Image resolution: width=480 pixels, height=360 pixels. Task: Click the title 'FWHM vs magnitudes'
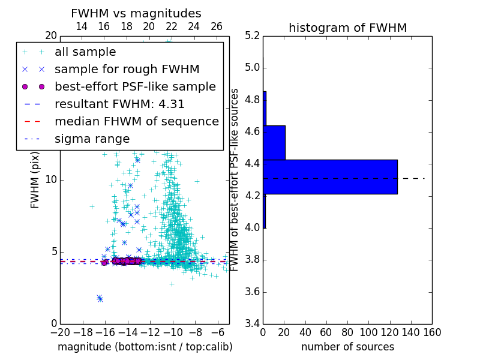coord(136,13)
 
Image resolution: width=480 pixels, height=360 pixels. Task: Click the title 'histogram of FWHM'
coord(347,28)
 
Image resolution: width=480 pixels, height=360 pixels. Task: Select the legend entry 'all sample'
coord(85,52)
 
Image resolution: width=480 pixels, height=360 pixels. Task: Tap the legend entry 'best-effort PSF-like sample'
coord(135,86)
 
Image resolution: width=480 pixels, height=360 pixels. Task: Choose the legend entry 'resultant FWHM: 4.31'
coord(119,104)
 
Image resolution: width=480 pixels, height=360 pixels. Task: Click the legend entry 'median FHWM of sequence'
coord(136,121)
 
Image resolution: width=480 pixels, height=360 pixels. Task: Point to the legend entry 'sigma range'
coord(92,139)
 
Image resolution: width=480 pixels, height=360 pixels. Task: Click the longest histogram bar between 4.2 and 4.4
coord(330,177)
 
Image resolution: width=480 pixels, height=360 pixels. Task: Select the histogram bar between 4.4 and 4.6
coord(274,142)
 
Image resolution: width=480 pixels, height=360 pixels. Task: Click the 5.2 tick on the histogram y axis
coord(253,35)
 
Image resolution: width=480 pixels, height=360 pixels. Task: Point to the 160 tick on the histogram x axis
coord(432,332)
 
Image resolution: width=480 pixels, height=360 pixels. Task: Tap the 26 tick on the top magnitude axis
coord(217,26)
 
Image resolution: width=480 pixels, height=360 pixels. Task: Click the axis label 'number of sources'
coord(347,347)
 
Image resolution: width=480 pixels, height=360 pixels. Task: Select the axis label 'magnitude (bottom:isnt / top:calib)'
coord(145,347)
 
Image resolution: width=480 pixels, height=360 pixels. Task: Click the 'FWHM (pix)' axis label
coord(35,180)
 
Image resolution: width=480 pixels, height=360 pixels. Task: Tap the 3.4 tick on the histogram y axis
coord(253,323)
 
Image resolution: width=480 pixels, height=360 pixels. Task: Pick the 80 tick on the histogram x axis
coord(347,332)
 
